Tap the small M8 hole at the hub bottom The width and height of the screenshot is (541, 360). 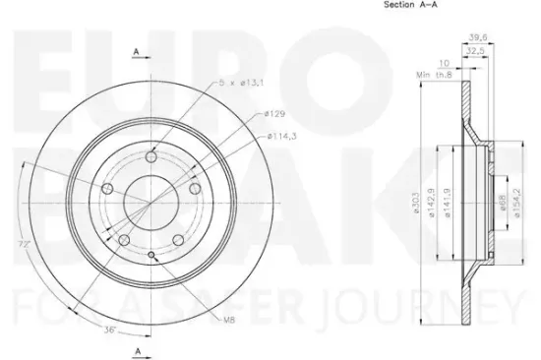(150, 256)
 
